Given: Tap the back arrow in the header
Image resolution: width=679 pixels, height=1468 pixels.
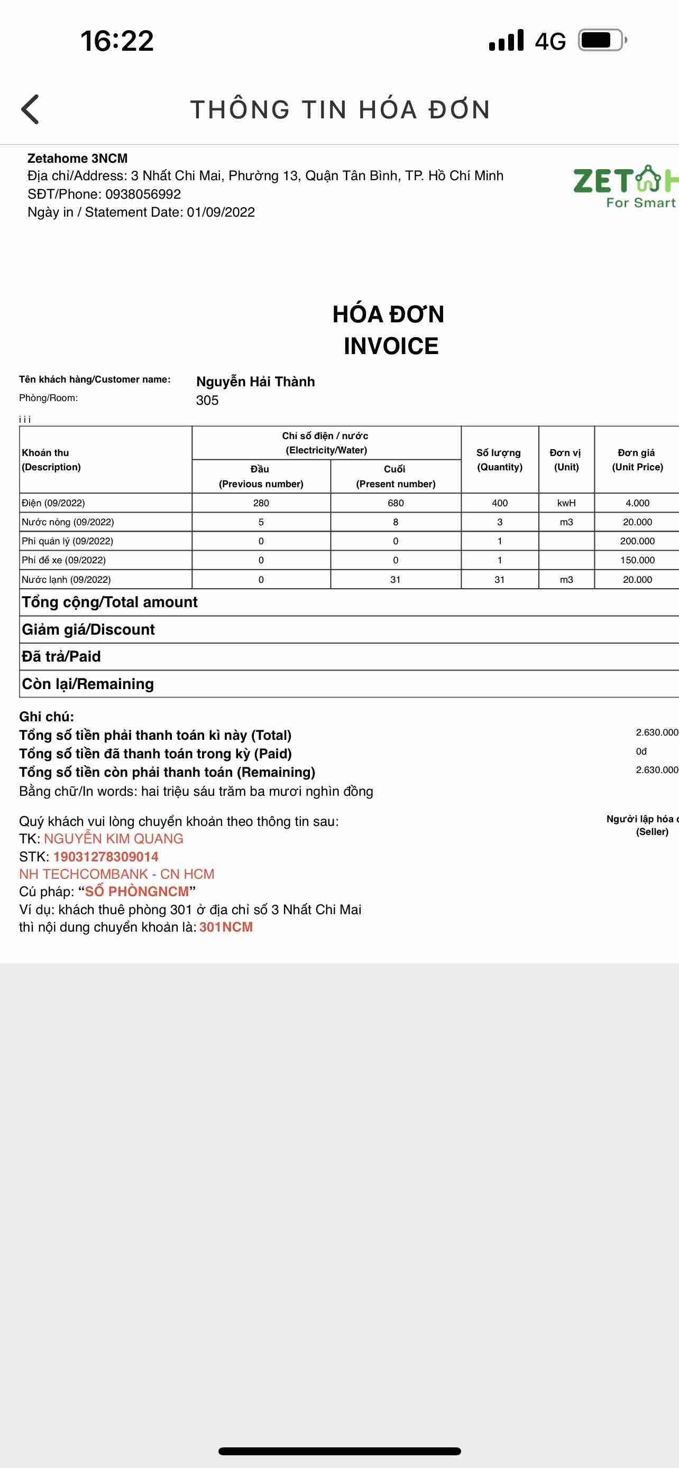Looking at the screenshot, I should coord(30,109).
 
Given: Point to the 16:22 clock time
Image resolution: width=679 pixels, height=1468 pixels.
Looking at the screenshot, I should coord(117,41).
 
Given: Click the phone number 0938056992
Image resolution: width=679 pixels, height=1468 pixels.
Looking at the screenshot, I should coord(143,194).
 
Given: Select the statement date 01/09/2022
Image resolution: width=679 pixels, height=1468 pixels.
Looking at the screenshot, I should coord(221,212).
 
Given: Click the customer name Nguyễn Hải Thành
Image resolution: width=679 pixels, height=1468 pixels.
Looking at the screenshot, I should coord(255,381).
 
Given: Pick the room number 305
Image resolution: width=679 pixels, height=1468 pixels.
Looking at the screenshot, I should coord(207,400).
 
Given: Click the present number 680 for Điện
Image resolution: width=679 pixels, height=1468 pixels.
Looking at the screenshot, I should coord(396,503).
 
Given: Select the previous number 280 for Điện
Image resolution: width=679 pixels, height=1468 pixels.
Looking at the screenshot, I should coord(261,503).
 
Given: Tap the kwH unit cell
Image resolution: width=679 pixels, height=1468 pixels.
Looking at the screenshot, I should coord(566,503).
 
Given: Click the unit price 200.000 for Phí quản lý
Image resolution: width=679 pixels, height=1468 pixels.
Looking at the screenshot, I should coord(637,541).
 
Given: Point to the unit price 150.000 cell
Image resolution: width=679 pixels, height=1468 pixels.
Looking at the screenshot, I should coord(637,560).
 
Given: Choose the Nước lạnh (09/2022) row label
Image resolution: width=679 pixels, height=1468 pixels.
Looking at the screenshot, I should coord(66,580).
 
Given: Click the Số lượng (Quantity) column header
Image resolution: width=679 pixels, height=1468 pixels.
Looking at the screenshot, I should coord(499,459).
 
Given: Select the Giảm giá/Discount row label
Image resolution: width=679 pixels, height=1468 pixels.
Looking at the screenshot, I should coord(88,629).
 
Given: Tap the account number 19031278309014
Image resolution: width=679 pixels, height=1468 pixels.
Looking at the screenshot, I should coord(105,857).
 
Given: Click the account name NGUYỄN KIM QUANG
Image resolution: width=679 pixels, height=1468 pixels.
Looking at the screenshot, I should coord(114,838).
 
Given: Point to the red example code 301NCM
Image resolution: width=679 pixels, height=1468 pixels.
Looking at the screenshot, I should coord(226,927).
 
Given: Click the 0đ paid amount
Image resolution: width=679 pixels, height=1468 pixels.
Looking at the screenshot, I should coord(641,751).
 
